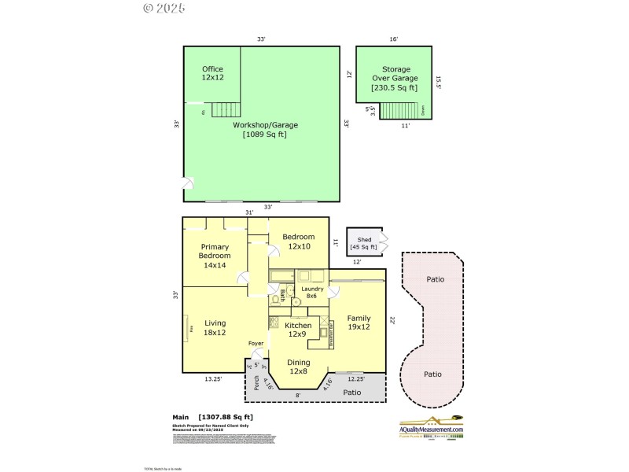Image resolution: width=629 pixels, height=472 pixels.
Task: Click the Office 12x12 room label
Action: (212, 73)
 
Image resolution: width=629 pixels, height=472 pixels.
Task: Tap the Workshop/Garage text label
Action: (265, 129)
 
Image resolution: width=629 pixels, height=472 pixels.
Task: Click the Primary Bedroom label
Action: (215, 256)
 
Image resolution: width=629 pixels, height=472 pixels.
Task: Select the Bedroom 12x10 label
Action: (299, 242)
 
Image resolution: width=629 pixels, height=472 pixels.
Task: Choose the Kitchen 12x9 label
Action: (298, 330)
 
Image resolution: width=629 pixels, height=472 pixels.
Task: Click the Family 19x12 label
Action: (359, 323)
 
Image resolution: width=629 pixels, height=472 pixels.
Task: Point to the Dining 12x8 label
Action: (298, 367)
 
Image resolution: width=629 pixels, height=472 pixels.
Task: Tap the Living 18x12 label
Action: (215, 327)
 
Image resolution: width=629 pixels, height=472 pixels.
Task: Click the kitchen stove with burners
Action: (274, 321)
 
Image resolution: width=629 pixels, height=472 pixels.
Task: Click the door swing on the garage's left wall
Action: (188, 185)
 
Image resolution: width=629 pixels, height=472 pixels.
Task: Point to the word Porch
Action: (256, 382)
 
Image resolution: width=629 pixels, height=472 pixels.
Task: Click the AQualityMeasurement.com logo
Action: (431, 426)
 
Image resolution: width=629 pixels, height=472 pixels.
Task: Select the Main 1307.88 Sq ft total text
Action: (213, 417)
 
